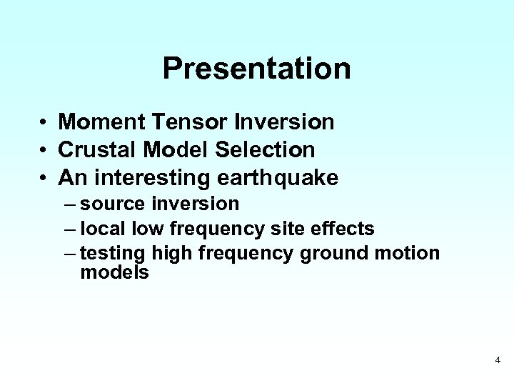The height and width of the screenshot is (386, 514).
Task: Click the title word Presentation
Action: tap(256, 69)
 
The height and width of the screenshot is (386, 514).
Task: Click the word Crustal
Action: tap(98, 149)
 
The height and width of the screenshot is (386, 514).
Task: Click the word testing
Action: tap(114, 254)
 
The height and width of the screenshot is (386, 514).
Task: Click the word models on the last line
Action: tap(115, 272)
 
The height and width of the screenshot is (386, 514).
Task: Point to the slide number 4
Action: tap(498, 360)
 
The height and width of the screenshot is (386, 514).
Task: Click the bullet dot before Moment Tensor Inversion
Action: tap(44, 123)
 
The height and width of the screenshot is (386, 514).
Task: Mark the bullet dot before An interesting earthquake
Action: tap(44, 177)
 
